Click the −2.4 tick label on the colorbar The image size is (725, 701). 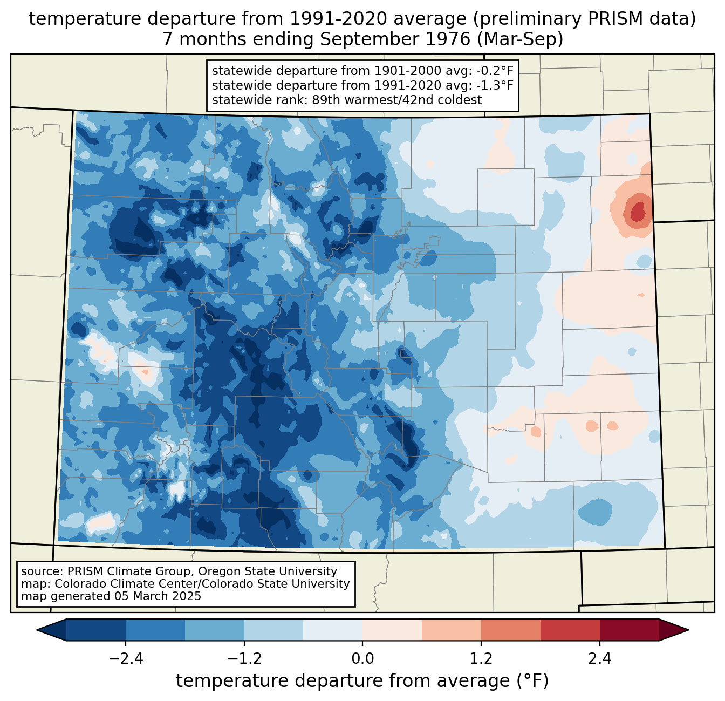pos(126,659)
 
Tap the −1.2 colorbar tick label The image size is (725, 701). pos(244,659)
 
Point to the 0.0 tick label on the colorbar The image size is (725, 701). pos(362,659)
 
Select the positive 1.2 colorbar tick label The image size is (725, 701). pos(481,659)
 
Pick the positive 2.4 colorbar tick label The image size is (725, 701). pos(599,659)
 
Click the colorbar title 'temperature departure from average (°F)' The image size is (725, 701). pos(362,681)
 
